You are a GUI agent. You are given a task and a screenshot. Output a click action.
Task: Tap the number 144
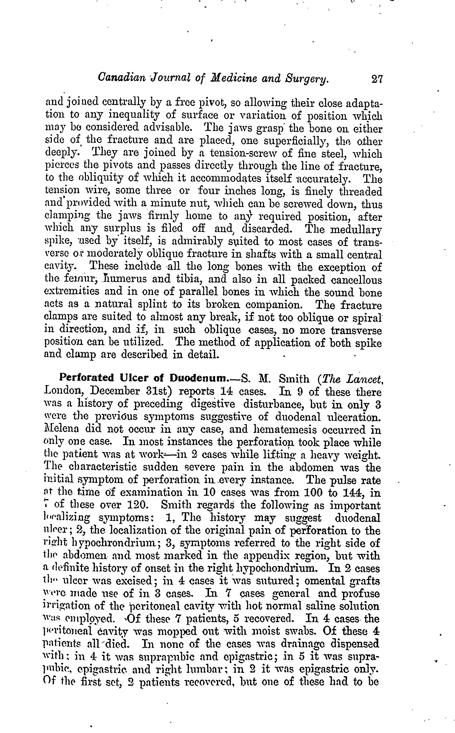pos(353,492)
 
